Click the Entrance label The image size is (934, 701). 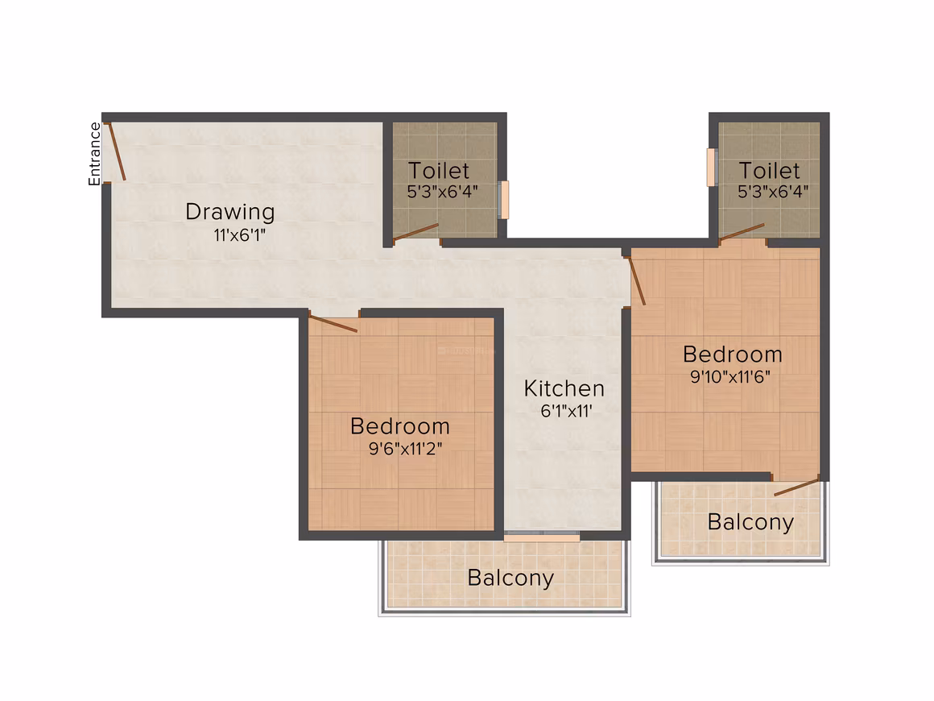(94, 154)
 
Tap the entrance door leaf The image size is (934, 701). (116, 151)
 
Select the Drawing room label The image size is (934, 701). (230, 212)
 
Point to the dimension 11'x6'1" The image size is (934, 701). (239, 234)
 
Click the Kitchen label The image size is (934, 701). (564, 388)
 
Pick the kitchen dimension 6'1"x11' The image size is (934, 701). (566, 411)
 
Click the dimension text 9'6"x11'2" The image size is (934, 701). (405, 448)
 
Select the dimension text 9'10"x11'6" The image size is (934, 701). (730, 377)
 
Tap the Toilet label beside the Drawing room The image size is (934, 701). (438, 171)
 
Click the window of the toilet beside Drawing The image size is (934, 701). (505, 200)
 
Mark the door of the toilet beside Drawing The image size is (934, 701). (415, 233)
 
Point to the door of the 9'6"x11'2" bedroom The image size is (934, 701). (333, 322)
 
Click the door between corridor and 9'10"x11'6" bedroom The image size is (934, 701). (637, 280)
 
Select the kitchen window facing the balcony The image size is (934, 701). (542, 537)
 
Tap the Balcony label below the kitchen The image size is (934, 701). (510, 579)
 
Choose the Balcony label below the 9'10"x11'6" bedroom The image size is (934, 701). (750, 523)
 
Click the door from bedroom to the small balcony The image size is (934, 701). (797, 487)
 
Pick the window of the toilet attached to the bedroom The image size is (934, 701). (711, 167)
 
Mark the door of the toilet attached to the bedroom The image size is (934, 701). (742, 233)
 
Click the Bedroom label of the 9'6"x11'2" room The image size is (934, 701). (399, 426)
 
